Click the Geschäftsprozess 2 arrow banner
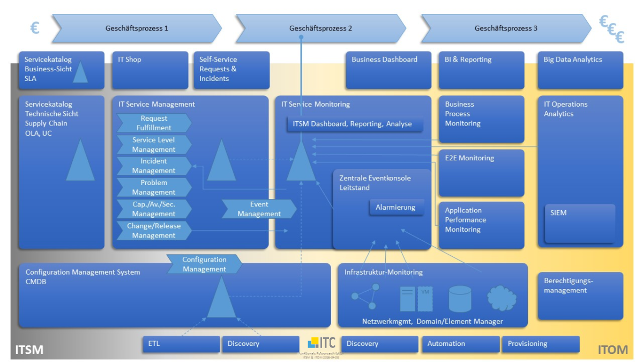pos(320,28)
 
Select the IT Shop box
pos(150,70)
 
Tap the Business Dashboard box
pos(388,70)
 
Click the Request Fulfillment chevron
pos(154,123)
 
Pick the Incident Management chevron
pos(154,166)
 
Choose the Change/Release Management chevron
pos(154,231)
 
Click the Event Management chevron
pos(259,209)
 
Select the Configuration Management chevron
pos(204,264)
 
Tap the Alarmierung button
pos(396,208)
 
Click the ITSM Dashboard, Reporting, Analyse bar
pos(355,124)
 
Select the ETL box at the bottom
pos(181,344)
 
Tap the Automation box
pos(460,344)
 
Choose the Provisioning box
pos(540,344)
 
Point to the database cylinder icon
pos(460,299)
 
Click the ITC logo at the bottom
pos(322,343)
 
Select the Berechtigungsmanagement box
pos(580,295)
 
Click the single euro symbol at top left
pos(35,28)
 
